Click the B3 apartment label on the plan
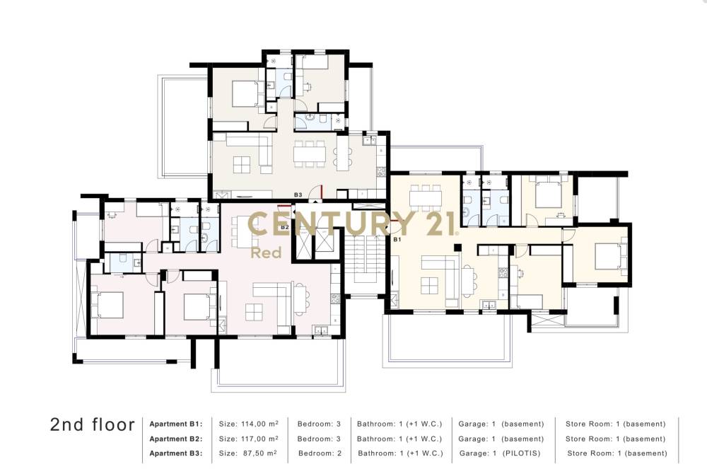pos(298,195)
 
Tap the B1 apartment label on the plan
pos(397,240)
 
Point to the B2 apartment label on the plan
pos(284,227)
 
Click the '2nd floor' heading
pos(93,424)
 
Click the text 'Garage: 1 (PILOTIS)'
pos(500,453)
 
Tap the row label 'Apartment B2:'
pos(176,439)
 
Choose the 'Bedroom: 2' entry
pos(320,453)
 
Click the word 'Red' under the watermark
pos(266,253)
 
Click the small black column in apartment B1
pos(457,247)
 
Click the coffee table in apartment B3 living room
pos(242,165)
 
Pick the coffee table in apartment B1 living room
pos(429,286)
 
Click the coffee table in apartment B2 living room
pos(254,312)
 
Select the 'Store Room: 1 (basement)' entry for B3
pos(617,453)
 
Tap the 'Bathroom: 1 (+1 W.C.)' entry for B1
pos(399,424)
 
